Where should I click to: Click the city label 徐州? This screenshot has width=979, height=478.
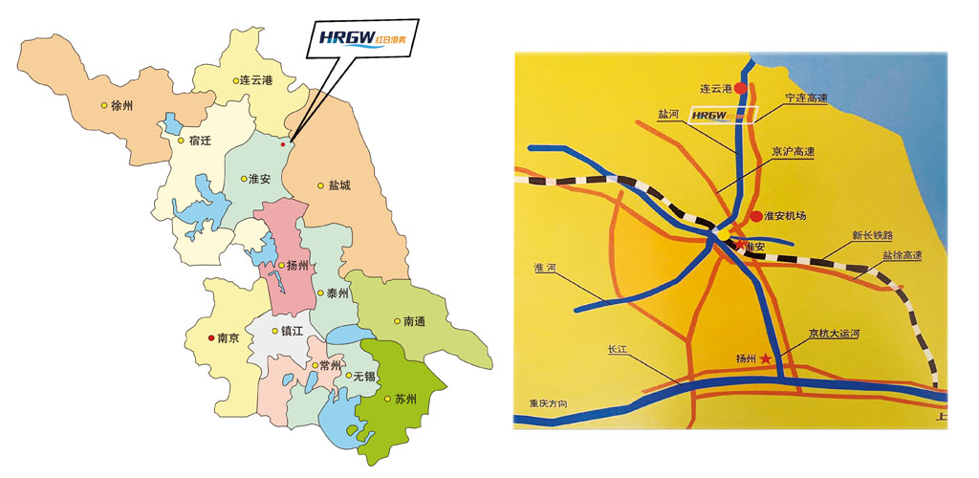click(122, 106)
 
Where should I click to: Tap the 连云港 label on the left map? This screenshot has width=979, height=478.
click(254, 80)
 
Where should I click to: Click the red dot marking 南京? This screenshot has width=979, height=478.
click(211, 337)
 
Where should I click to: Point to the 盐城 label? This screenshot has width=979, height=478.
click(339, 185)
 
